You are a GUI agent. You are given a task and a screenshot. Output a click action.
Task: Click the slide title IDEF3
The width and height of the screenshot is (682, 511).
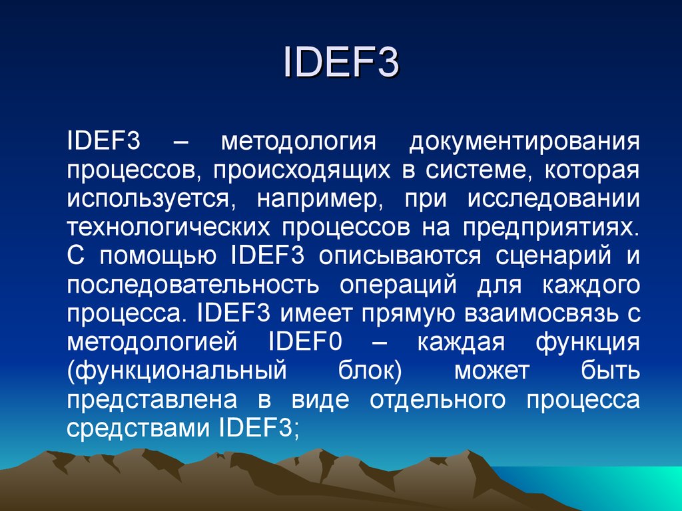pos(341,62)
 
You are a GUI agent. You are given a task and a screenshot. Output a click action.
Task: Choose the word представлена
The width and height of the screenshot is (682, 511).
pos(153,400)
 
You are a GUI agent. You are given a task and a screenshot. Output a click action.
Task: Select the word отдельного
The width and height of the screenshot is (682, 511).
pos(438,400)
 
